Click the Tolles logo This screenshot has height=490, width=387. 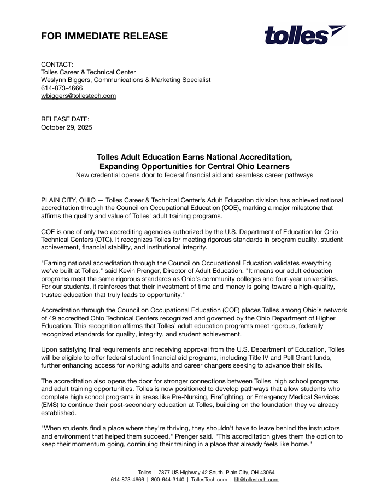(x=304, y=34)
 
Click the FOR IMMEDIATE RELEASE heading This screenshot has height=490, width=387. (x=104, y=37)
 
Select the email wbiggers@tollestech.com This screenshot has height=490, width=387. (x=79, y=96)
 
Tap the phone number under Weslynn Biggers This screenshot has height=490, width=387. (x=62, y=87)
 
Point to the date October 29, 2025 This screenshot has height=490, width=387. (x=67, y=127)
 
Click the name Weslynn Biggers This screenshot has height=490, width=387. (x=64, y=80)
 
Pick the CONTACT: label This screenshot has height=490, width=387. (x=57, y=65)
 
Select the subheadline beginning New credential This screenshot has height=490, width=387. (x=193, y=175)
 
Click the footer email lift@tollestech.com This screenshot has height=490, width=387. (x=256, y=480)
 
